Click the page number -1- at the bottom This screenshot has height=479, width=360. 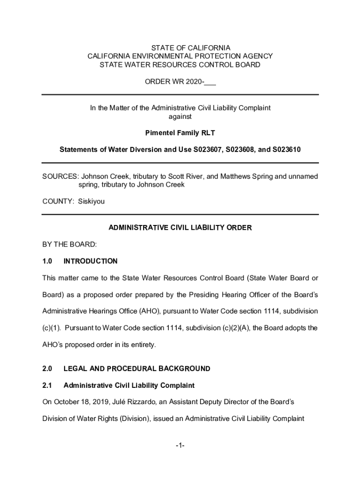coord(180,446)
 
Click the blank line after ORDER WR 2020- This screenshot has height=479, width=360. coord(210,82)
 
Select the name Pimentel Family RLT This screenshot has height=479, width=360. coord(180,133)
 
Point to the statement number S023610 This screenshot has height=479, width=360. coord(284,150)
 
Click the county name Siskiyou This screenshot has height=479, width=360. coord(94,202)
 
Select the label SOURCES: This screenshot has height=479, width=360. coord(60,176)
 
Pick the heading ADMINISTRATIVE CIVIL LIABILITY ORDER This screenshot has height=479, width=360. coord(180,228)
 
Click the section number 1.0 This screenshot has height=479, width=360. coord(47,261)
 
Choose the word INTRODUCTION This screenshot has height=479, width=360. coord(90,261)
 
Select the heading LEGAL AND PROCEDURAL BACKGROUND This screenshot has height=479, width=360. coord(137,369)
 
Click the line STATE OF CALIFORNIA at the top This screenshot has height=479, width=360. coord(180,48)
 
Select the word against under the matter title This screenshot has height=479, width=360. coord(180,116)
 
